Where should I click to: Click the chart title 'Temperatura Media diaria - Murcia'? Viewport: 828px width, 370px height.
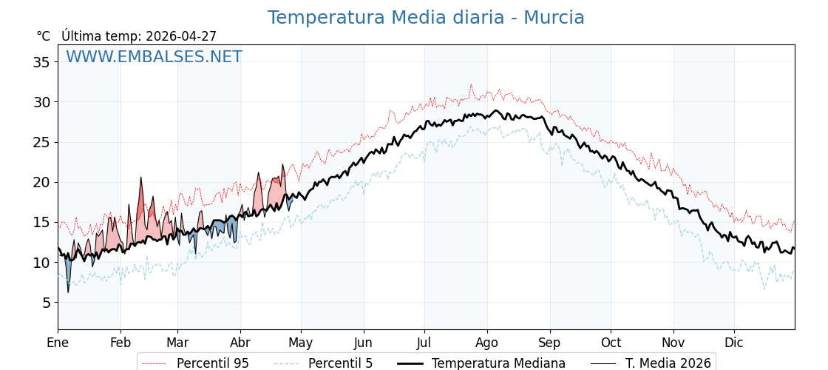426,18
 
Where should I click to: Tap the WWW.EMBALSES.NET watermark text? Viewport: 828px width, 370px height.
154,57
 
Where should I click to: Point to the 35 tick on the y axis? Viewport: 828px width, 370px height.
41,62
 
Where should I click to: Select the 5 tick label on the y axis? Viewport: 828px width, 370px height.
45,303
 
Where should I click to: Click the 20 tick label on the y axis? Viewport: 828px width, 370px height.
41,182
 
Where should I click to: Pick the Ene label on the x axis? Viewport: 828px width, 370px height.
58,343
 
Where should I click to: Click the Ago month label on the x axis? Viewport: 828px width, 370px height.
487,343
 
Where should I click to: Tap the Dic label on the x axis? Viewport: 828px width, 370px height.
734,343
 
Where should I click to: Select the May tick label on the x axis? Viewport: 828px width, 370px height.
301,343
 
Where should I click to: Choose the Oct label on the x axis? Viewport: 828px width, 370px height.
611,343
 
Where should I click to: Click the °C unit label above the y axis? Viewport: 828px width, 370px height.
44,36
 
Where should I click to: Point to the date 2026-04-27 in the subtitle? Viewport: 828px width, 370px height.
181,36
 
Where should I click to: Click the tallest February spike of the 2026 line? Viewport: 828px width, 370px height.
141,178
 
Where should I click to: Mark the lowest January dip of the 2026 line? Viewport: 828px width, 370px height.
68,292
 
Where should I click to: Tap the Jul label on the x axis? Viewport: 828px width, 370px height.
424,343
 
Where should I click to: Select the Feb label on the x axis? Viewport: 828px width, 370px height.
121,343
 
